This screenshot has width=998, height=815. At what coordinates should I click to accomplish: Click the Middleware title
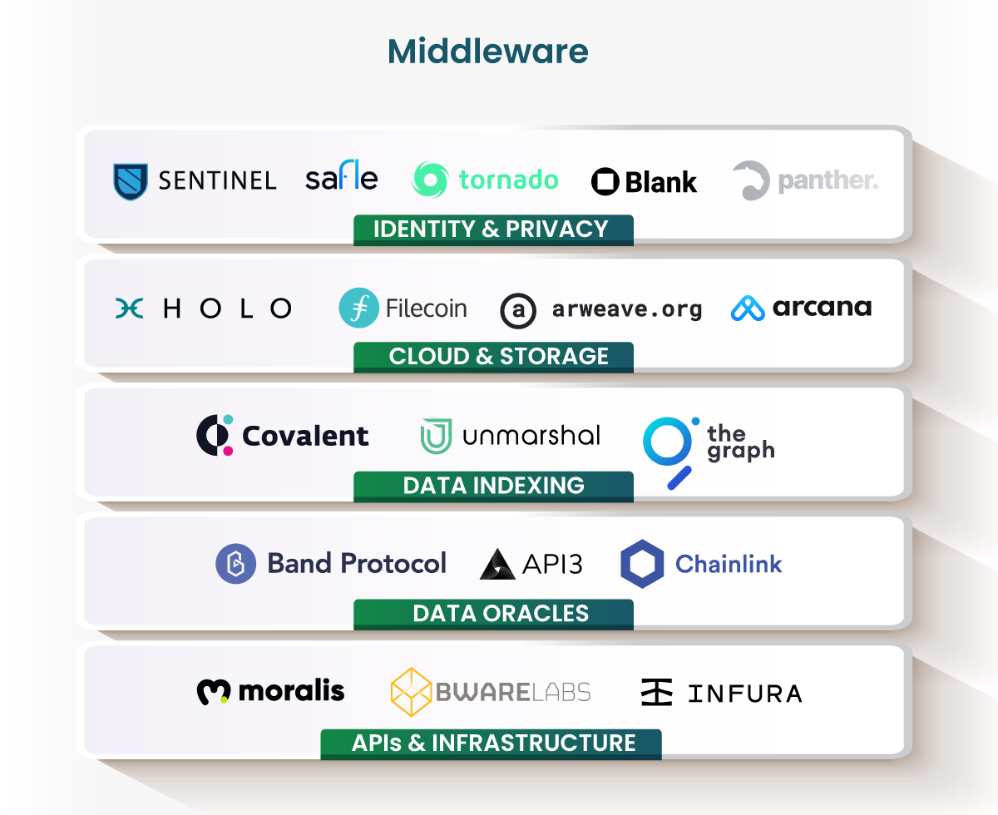(488, 52)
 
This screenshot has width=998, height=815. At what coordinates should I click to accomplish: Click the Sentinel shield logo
(131, 180)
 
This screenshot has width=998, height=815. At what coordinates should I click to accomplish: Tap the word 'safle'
(341, 177)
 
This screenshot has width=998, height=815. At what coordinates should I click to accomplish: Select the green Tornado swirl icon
(430, 180)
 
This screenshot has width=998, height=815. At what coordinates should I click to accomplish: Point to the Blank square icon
(605, 181)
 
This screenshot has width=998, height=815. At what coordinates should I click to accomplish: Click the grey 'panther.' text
(828, 180)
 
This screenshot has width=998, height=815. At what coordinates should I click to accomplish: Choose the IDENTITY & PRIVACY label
(492, 229)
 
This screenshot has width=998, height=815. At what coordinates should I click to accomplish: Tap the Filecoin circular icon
(358, 308)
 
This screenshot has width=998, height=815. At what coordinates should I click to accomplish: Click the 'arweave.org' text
(626, 310)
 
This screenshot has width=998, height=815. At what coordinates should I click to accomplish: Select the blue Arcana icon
(748, 309)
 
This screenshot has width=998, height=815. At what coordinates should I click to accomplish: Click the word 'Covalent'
(305, 436)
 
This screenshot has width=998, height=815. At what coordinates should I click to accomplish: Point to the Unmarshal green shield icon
(437, 436)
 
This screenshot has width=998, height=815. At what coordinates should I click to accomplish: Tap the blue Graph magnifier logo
(669, 449)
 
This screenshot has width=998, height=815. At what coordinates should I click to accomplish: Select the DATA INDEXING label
(493, 486)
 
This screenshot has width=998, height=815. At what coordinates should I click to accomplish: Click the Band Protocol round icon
(235, 564)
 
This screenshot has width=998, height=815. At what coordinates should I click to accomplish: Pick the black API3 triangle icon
(497, 565)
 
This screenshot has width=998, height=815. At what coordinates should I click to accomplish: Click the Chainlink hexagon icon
(641, 564)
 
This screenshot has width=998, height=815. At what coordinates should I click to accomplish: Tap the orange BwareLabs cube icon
(411, 692)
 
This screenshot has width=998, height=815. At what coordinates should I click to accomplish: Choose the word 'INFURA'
(745, 693)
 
